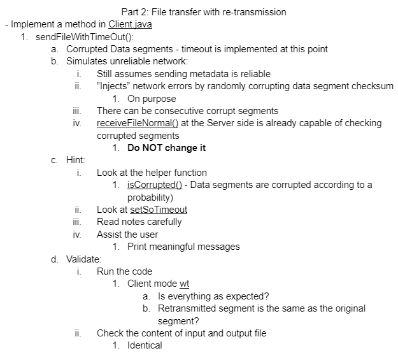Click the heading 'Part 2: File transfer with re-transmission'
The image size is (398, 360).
click(x=203, y=11)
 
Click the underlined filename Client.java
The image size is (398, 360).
click(x=130, y=24)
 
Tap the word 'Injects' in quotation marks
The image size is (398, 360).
click(x=115, y=86)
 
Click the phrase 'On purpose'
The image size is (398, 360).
click(x=152, y=99)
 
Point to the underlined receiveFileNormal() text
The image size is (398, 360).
click(x=138, y=123)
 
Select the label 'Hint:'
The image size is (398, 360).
click(x=76, y=160)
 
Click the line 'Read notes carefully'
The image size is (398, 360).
click(x=139, y=222)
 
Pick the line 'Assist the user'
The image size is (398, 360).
click(x=127, y=234)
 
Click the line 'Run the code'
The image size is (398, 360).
click(x=124, y=271)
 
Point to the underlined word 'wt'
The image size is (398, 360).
click(x=186, y=284)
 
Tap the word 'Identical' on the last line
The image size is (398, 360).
click(x=145, y=345)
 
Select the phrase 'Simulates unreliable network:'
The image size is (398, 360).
click(x=127, y=61)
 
